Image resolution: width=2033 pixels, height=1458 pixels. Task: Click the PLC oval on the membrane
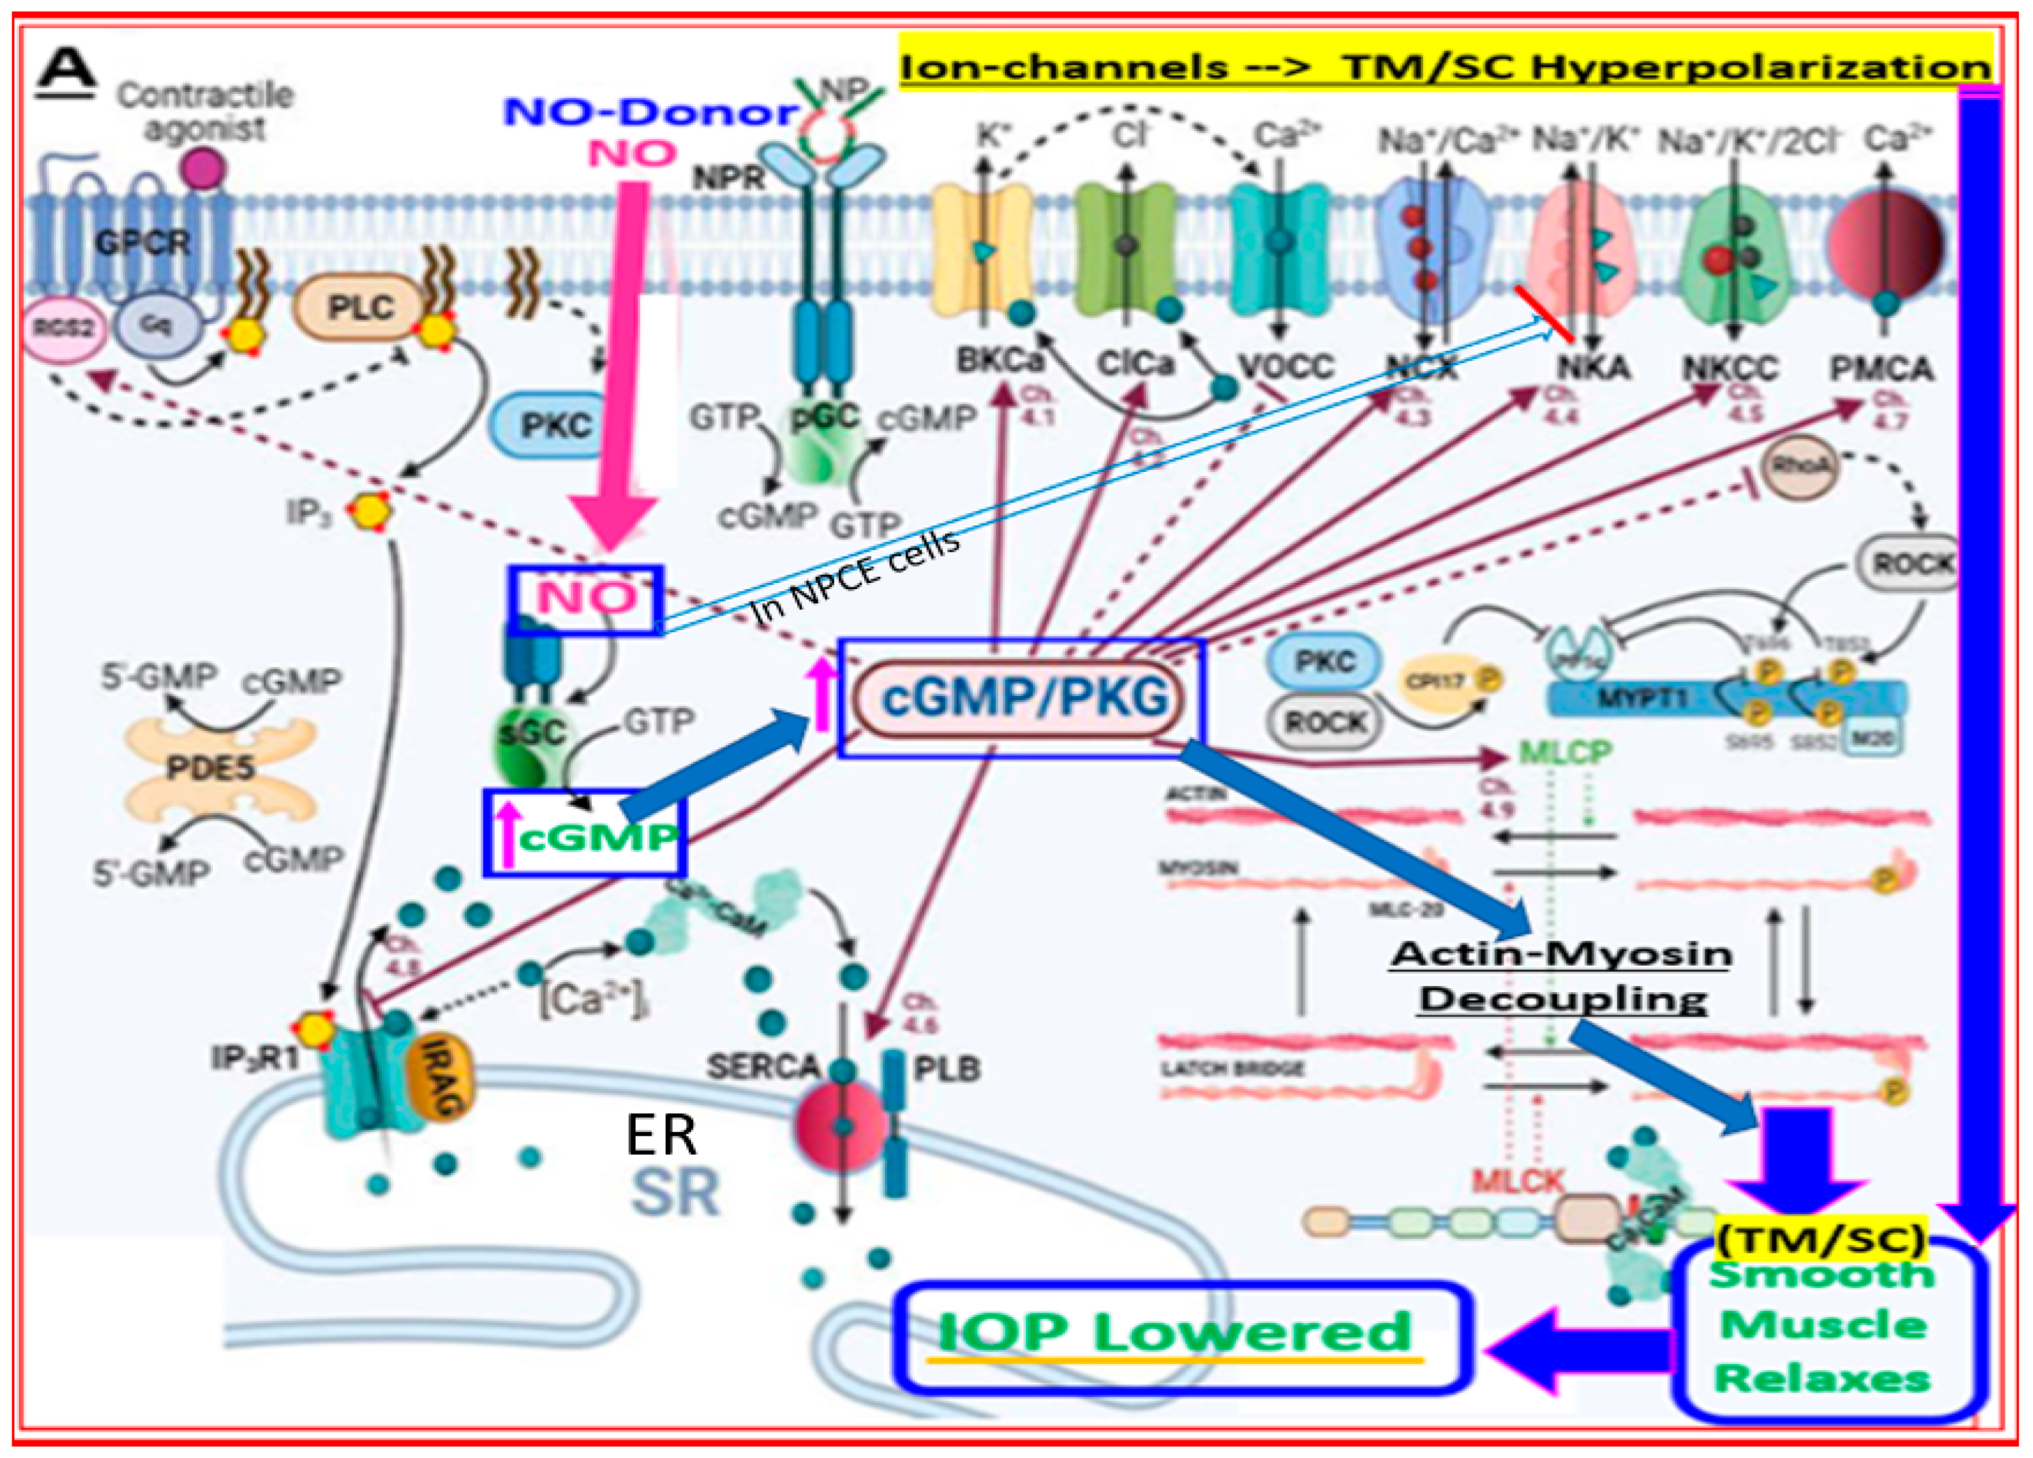(x=359, y=308)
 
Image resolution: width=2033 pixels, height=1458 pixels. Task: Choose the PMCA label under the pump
(x=1880, y=368)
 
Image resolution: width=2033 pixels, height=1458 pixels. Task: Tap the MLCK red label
(x=1518, y=1182)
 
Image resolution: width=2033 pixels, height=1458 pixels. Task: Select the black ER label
(x=660, y=1135)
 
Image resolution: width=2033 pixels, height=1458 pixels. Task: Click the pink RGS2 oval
(x=63, y=328)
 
